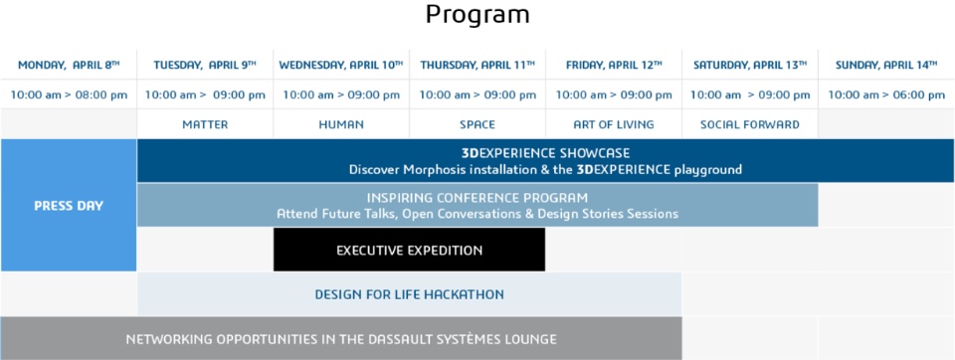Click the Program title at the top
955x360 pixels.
point(477,15)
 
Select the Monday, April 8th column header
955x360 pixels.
point(69,65)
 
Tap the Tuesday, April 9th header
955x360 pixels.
point(205,65)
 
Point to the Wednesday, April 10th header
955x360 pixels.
point(341,65)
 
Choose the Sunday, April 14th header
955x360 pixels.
point(886,65)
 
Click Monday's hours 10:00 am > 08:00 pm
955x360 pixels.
point(69,95)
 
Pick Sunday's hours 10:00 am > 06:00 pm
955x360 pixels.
point(886,95)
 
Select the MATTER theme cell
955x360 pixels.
point(205,125)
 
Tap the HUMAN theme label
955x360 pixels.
point(341,125)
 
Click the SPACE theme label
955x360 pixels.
point(477,125)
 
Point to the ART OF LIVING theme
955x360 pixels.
point(614,125)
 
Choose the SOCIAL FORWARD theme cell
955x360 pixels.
point(750,125)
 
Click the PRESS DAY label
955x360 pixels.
point(69,206)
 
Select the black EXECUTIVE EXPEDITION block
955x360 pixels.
point(409,250)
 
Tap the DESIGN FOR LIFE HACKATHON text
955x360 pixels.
point(409,294)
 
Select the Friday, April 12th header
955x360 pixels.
point(614,65)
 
